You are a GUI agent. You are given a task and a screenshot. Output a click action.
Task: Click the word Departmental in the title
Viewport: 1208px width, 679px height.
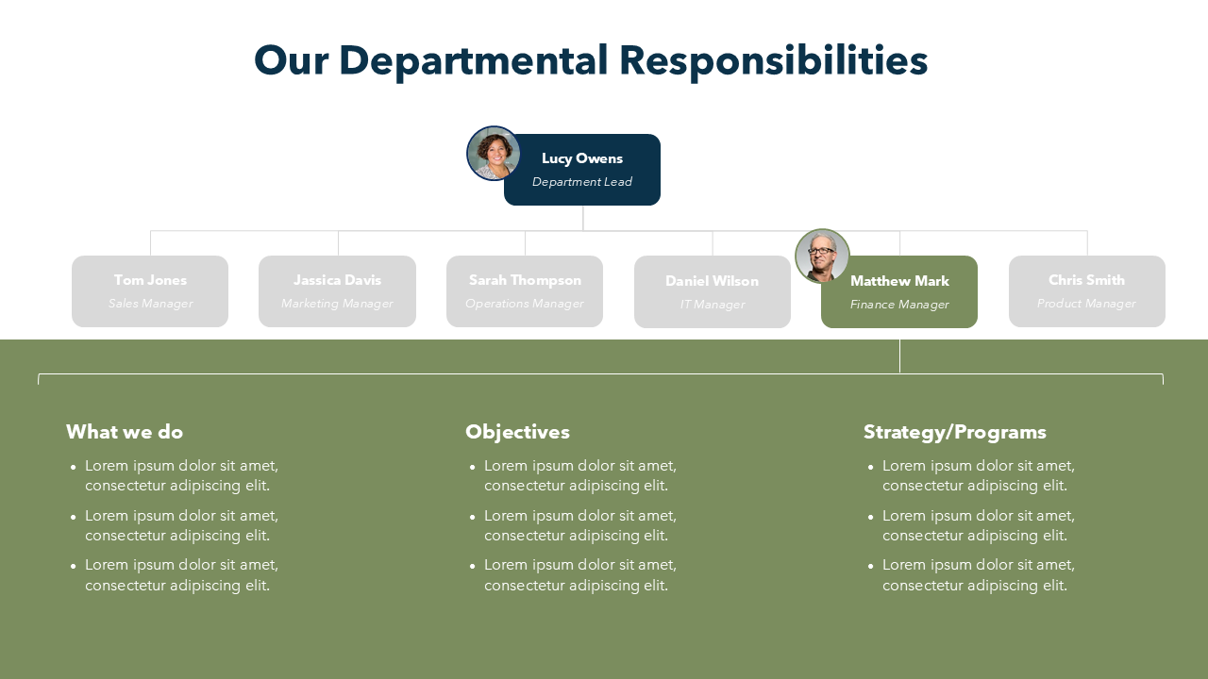point(473,61)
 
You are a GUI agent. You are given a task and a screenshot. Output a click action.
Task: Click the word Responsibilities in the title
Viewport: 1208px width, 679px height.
point(773,61)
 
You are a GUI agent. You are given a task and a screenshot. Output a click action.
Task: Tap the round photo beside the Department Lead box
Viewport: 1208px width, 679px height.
point(494,154)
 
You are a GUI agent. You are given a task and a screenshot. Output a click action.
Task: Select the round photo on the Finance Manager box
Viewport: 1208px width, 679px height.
point(822,256)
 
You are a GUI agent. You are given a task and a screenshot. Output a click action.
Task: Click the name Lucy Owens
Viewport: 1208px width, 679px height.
point(582,158)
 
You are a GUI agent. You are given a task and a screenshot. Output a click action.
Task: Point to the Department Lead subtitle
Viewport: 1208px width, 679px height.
point(582,182)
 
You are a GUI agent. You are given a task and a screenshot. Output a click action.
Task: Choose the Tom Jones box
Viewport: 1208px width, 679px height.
point(150,291)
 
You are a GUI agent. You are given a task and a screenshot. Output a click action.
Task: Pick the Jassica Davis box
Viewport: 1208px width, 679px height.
point(337,291)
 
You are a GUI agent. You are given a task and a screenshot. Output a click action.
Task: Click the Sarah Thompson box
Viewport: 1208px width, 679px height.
point(525,291)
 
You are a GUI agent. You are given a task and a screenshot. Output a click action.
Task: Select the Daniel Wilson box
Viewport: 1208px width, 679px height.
point(713,292)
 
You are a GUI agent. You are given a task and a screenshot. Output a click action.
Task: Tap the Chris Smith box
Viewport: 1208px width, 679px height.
point(1087,291)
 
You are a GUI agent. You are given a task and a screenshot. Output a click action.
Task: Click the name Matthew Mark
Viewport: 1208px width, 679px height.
point(899,281)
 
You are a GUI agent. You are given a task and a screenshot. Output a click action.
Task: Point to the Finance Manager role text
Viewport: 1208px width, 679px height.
point(899,305)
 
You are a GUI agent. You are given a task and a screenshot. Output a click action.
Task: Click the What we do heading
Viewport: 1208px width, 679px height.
point(125,432)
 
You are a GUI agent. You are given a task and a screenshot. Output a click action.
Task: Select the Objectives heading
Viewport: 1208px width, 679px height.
point(517,432)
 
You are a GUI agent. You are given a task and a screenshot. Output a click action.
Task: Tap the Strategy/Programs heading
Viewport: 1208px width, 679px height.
point(955,432)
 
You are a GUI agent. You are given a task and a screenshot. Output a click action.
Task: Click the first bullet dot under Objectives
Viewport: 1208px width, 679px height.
point(472,467)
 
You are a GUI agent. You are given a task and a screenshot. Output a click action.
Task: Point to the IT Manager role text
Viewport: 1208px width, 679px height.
point(713,305)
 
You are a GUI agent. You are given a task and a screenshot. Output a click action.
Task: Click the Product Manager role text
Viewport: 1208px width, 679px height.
point(1087,304)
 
